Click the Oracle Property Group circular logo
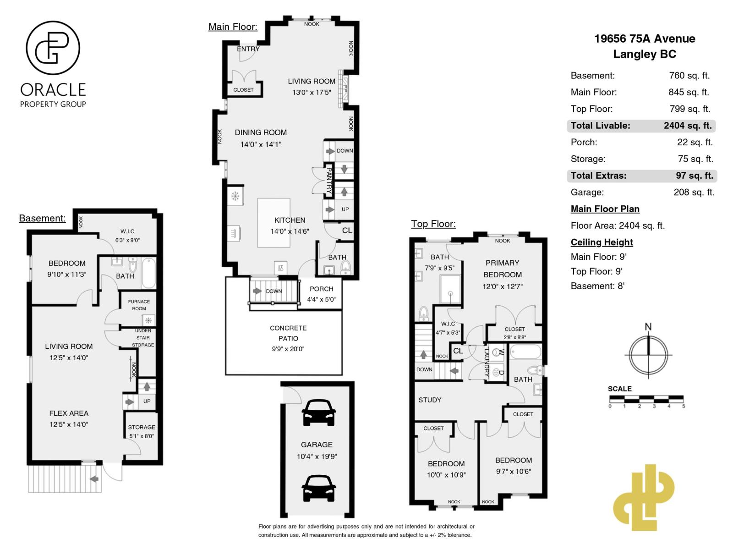53,48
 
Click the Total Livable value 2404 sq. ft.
687,126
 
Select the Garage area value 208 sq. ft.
694,192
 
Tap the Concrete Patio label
288,333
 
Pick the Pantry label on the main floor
329,180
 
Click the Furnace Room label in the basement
139,305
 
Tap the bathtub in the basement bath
148,273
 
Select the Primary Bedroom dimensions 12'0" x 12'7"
503,286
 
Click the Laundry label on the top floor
487,363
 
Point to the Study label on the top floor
430,400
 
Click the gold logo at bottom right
643,498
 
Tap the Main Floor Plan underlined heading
605,209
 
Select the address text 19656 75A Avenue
645,39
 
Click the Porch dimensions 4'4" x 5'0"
321,300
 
